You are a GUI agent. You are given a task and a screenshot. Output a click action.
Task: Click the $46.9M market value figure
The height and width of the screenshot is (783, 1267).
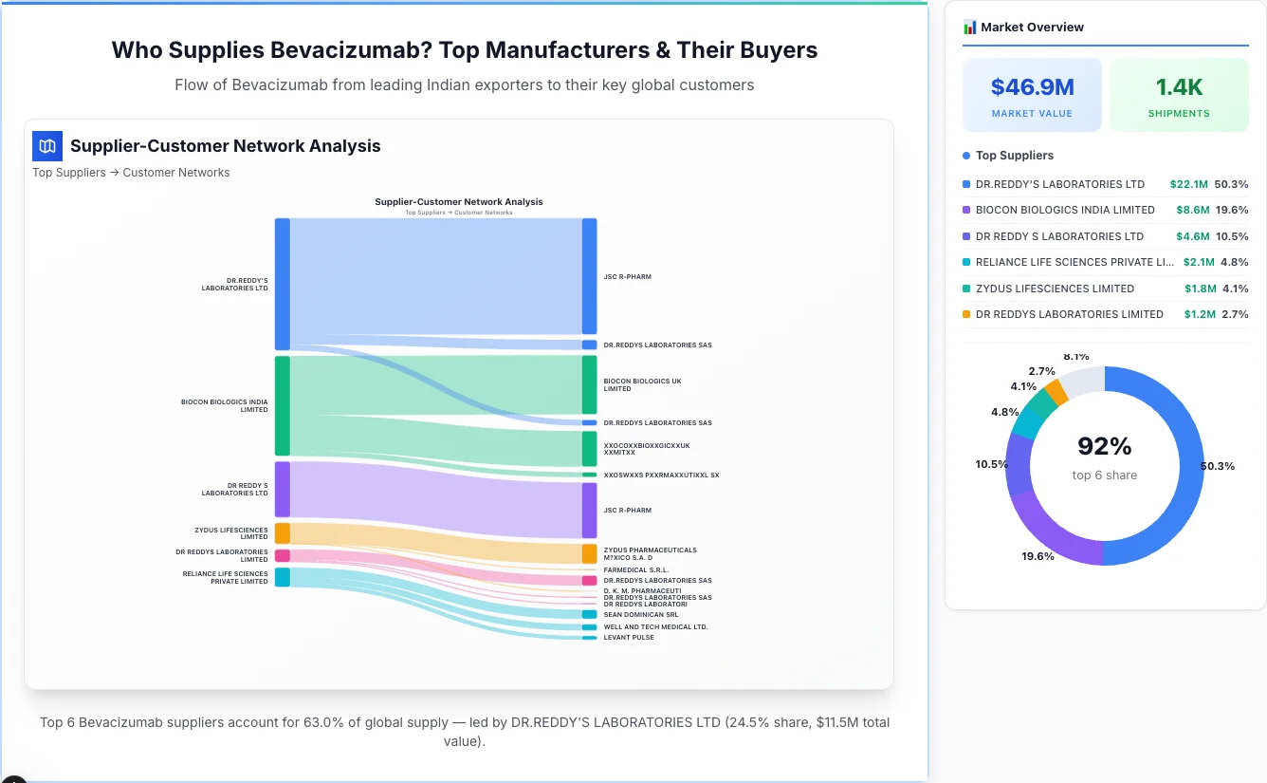[x=1032, y=87]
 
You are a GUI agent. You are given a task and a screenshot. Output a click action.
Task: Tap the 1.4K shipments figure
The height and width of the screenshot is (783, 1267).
[x=1179, y=87]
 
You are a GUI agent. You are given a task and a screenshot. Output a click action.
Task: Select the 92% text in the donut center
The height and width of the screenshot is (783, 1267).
[x=1105, y=446]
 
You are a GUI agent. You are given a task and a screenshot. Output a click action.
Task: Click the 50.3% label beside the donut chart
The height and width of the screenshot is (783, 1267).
[x=1218, y=466]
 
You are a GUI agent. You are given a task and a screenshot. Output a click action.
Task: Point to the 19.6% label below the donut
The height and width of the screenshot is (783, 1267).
[x=1037, y=556]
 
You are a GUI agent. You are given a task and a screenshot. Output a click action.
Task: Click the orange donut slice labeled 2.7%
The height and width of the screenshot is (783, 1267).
[x=1056, y=391]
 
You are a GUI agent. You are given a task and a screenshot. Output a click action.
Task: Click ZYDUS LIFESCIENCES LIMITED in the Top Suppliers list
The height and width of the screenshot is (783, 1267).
[x=1055, y=289]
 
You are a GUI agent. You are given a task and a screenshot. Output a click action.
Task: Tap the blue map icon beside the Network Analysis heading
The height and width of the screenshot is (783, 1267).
[x=47, y=146]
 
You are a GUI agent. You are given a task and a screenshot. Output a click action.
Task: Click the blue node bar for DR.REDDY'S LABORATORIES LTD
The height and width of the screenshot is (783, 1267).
[x=282, y=284]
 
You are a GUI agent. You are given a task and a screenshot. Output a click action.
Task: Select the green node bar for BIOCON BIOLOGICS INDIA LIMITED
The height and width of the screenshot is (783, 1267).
[x=282, y=405]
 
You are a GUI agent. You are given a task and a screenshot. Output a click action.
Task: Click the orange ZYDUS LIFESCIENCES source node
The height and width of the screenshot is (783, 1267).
[x=282, y=532]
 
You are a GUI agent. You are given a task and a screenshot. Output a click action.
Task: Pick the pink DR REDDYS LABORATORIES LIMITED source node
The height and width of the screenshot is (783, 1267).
[x=282, y=555]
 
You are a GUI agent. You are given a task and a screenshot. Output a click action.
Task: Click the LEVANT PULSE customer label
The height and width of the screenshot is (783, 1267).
[x=629, y=638]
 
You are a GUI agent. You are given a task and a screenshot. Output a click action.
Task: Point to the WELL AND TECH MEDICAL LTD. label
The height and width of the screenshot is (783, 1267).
[x=655, y=627]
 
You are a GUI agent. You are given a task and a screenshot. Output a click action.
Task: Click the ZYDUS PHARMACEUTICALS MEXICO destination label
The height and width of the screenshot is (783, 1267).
[x=650, y=553]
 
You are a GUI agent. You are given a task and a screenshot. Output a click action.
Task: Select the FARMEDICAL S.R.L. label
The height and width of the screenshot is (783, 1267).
[x=635, y=570]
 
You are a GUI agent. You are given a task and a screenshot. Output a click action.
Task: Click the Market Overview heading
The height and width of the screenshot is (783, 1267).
[x=1032, y=28]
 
